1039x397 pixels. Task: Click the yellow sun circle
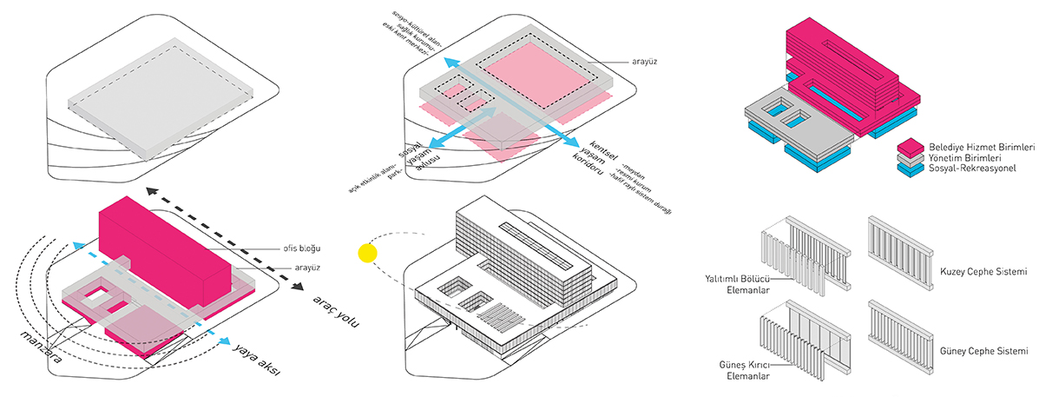[x=367, y=254]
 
